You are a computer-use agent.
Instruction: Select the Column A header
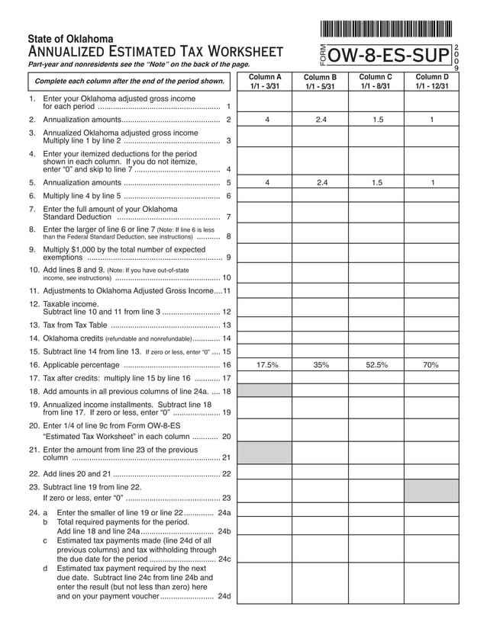coord(266,82)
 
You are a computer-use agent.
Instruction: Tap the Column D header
coord(431,82)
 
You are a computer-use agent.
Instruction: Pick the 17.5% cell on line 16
coord(266,365)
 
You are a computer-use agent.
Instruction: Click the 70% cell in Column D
coord(431,365)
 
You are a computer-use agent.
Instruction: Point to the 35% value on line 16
coord(321,365)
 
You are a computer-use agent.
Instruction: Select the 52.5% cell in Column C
coord(376,365)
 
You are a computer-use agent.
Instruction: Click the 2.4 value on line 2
coord(321,120)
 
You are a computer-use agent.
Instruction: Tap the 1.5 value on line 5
coord(376,182)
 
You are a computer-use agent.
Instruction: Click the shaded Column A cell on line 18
coord(266,390)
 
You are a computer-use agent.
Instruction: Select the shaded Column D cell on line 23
coord(431,491)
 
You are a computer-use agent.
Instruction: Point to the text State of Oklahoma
coord(70,38)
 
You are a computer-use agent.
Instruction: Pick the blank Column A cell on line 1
coord(266,102)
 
